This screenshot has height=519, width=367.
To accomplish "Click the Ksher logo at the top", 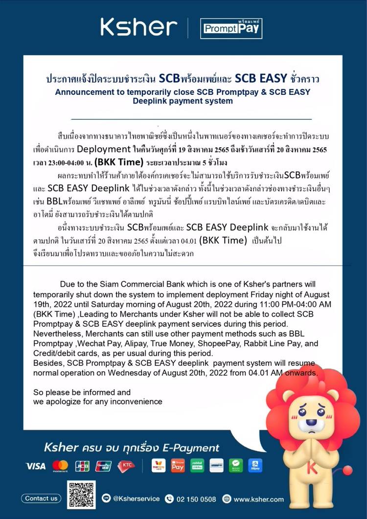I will [138, 27].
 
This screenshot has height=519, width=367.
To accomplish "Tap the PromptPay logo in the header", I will [231, 28].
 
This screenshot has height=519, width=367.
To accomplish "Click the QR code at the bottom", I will [81, 495].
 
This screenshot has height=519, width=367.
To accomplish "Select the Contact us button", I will [41, 498].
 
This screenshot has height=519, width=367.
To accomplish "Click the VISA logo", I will [36, 466].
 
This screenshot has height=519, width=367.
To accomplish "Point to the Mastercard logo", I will [60, 466].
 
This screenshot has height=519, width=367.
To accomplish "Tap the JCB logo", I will [82, 466].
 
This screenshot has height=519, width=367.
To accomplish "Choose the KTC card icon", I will [126, 466].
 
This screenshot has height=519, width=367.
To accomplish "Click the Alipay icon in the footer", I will [255, 465].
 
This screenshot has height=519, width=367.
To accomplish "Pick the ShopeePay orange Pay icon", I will [178, 465].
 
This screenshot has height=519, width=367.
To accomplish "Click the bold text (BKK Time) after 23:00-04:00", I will [119, 161].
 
